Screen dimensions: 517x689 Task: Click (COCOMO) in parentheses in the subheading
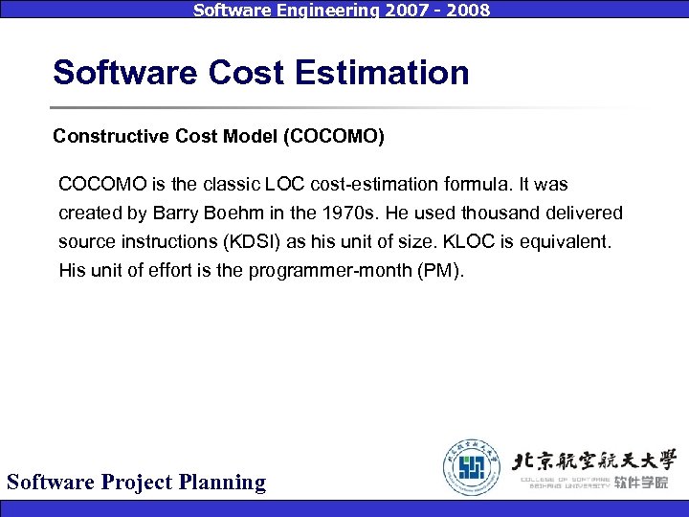[334, 137]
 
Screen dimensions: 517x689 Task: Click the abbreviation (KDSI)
[254, 241]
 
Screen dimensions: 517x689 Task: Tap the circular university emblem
[471, 466]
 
